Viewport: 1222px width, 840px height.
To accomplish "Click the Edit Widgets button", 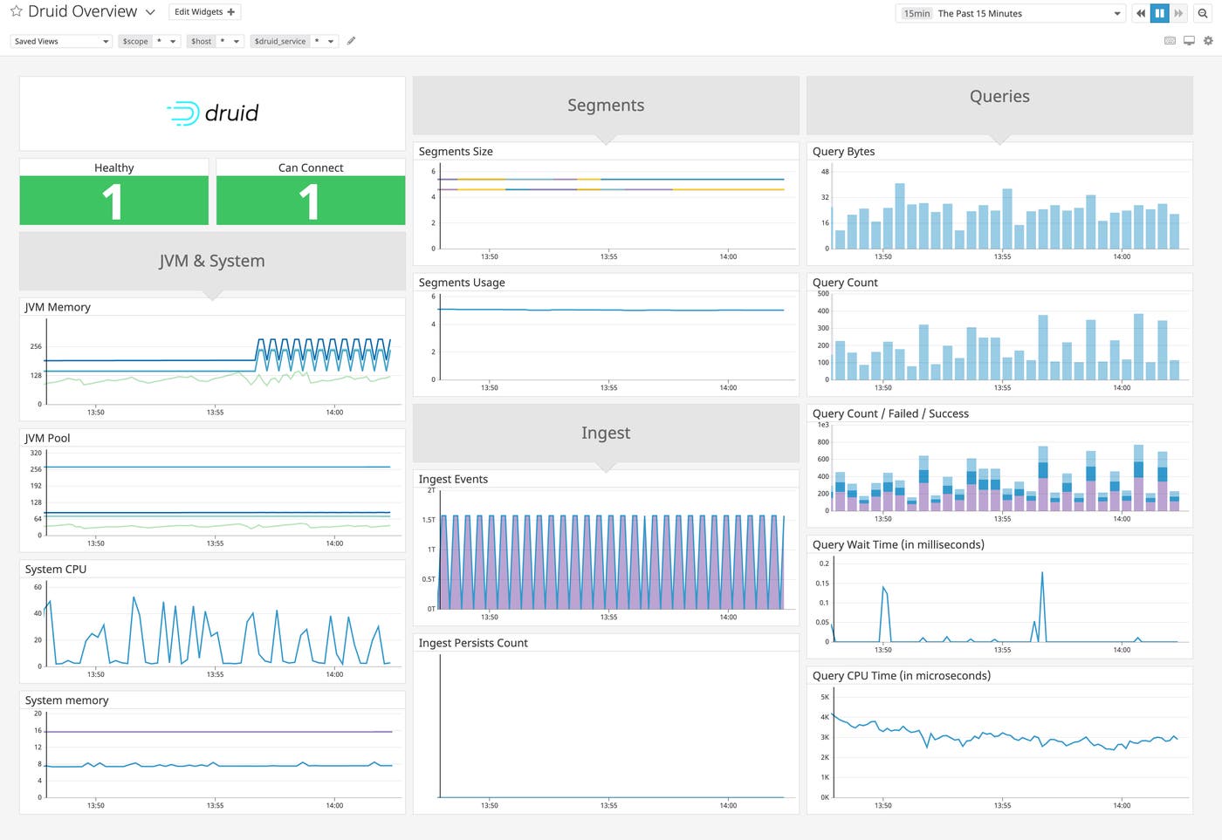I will [204, 12].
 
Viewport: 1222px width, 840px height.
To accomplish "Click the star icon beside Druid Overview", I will [16, 11].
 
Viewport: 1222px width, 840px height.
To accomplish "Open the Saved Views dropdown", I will [61, 41].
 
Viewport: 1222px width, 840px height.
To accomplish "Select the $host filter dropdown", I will [215, 41].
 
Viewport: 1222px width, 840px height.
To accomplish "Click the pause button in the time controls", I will [1159, 13].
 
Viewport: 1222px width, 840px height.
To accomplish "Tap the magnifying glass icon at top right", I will [1202, 13].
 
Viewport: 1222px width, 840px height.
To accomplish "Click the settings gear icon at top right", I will [1208, 41].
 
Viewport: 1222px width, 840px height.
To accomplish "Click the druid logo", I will [212, 113].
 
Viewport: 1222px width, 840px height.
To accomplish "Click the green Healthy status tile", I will [113, 201].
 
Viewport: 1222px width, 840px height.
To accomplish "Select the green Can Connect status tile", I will [310, 201].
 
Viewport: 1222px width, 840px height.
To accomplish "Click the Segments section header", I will [606, 106].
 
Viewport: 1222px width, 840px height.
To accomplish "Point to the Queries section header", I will [999, 97].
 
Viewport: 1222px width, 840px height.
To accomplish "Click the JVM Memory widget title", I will [58, 307].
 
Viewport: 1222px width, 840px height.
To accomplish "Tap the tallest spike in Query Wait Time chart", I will [1041, 574].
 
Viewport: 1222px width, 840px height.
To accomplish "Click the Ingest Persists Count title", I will [473, 643].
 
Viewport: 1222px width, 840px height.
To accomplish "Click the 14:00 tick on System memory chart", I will [334, 805].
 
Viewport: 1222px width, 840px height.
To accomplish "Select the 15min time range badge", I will [916, 14].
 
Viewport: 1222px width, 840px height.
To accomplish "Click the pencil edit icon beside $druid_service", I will [351, 41].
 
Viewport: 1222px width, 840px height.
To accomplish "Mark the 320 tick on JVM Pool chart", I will [36, 453].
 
